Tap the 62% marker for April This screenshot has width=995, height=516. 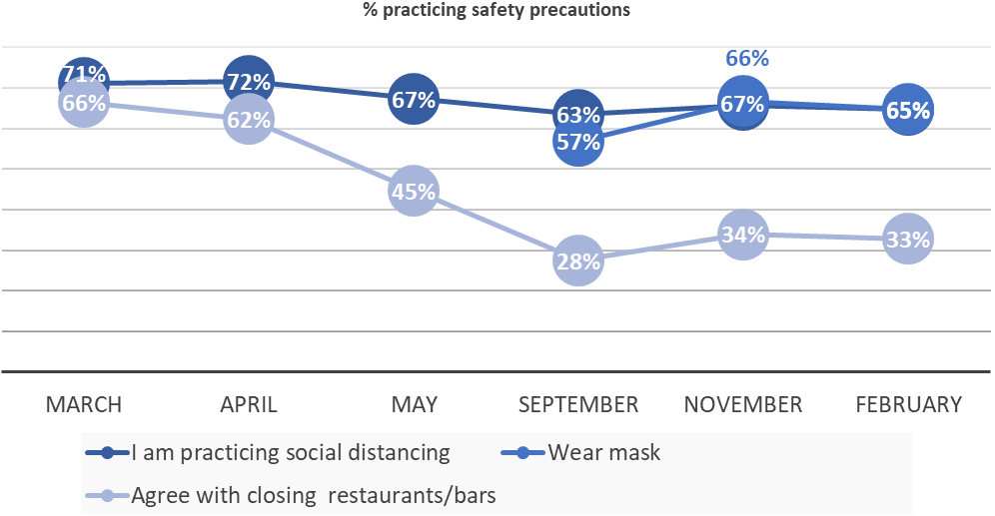(248, 121)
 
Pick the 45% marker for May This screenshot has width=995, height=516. (413, 192)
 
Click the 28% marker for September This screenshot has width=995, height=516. (578, 261)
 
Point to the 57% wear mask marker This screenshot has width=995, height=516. (578, 142)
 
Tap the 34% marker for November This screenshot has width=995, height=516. (743, 236)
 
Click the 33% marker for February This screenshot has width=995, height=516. (908, 240)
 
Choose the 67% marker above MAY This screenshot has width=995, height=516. (413, 100)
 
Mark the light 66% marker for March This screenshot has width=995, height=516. (84, 104)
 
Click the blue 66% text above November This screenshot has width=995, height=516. (746, 59)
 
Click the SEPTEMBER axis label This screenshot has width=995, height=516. (578, 404)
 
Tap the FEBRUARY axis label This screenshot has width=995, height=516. (908, 404)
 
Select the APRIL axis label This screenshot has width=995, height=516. (248, 404)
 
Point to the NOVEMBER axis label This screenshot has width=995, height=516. (743, 404)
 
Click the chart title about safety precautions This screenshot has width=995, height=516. (497, 11)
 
